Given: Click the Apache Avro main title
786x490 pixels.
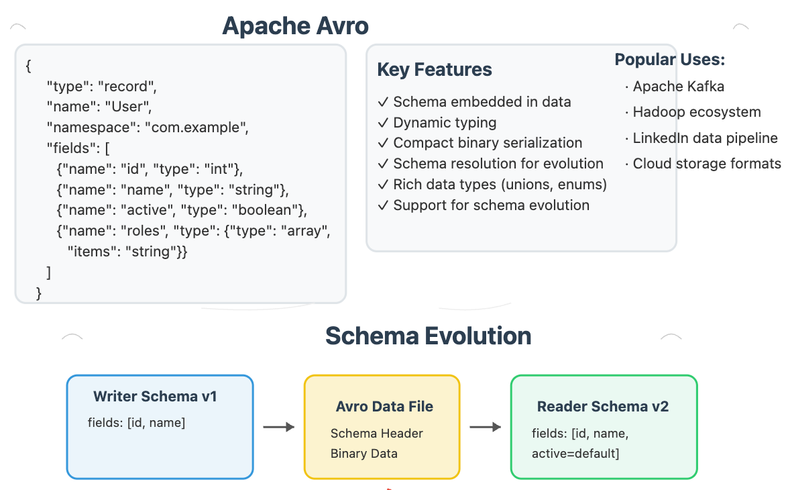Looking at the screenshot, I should coord(295,26).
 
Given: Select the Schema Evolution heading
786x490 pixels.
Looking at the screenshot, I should coord(428,336).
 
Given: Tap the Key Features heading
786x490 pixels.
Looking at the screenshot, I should coord(434,70).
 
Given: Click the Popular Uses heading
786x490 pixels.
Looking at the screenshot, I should coord(669,60).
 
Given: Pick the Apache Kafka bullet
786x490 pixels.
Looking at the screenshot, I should coord(678,87).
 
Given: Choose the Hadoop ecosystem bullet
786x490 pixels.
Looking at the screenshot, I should coord(696,112).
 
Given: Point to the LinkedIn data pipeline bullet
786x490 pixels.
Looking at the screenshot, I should coord(705,138).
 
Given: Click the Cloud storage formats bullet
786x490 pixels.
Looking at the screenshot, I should coord(707,164).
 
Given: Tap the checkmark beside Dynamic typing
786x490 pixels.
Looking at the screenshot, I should coord(383,123).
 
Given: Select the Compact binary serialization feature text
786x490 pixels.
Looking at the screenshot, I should coord(488,143).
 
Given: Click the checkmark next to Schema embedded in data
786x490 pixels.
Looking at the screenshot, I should coord(383,102).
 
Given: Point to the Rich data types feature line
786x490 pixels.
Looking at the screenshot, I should coord(500,185).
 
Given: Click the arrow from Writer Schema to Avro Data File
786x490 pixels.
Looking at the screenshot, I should coord(278,427).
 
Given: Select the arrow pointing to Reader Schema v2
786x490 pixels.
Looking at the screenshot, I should coord(485,427).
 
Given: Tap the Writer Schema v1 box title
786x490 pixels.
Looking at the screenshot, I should coord(155,396).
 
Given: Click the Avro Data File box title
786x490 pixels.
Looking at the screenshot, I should coord(384,407).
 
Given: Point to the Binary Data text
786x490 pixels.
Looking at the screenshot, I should coord(363,454).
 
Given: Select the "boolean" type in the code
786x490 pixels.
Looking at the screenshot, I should coord(268,210).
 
